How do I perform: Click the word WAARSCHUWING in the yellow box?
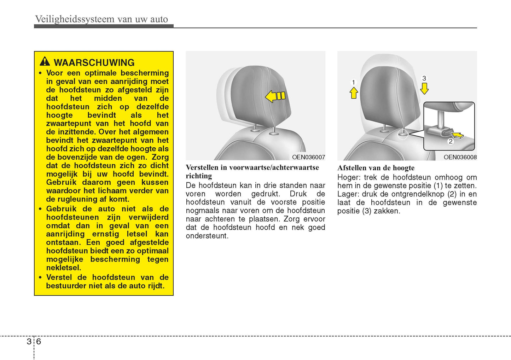click(x=94, y=63)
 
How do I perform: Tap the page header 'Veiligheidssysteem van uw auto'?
click(x=101, y=19)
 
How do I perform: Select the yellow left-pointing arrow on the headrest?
click(x=275, y=96)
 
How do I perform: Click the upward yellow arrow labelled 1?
click(x=354, y=93)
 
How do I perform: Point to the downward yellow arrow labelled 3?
click(x=424, y=88)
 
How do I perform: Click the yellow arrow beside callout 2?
click(x=458, y=135)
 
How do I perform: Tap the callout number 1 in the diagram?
click(x=353, y=82)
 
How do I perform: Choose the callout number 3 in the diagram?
click(x=424, y=78)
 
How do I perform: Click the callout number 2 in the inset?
click(x=451, y=141)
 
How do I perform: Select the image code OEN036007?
click(x=308, y=157)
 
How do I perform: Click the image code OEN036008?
click(x=460, y=157)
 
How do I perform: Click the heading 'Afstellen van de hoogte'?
click(x=376, y=168)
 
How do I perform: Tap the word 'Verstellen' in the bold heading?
click(x=202, y=167)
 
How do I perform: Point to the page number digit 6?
click(x=39, y=341)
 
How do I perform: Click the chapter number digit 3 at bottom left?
click(x=29, y=341)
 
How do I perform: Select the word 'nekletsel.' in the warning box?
click(x=64, y=268)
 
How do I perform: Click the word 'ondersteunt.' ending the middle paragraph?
click(x=207, y=236)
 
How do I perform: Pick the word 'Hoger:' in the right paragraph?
click(x=348, y=177)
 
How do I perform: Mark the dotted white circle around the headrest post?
click(x=402, y=134)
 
